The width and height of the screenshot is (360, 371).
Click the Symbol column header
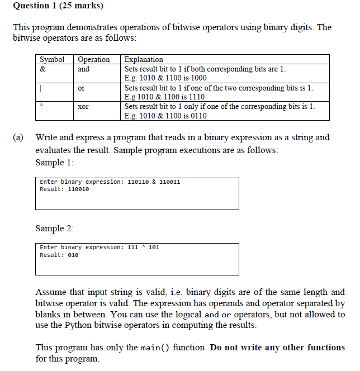coord(52,59)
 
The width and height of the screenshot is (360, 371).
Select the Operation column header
coord(93,59)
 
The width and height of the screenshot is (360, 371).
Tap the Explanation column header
coord(144,59)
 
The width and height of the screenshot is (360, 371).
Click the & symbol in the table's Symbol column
coord(42,69)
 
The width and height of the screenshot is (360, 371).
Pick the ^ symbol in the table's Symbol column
coord(42,106)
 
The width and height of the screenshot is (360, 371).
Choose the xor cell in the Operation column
coord(83,106)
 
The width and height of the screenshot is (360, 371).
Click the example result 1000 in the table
coord(197,78)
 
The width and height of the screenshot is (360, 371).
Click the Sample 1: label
coord(54,163)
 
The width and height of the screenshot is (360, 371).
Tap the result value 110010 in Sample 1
coord(78,189)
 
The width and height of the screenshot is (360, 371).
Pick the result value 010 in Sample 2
coord(73,255)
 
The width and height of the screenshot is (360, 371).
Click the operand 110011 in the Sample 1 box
coord(169,182)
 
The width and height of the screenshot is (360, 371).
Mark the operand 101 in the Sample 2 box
coord(154,248)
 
